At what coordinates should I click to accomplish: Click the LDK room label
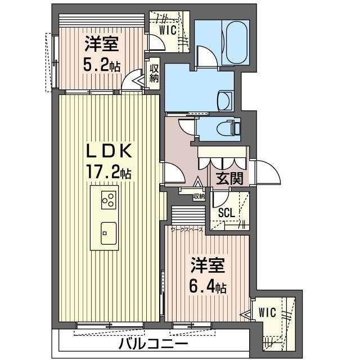109,151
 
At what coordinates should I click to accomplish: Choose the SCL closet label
227,213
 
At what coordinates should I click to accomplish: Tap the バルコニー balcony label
154,344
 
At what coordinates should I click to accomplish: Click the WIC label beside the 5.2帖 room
168,30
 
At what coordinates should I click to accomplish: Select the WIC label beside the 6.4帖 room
267,312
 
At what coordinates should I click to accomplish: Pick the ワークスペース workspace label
187,229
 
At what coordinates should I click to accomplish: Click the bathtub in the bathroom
237,43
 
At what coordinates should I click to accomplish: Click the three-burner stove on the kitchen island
109,200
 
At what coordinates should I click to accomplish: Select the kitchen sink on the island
109,233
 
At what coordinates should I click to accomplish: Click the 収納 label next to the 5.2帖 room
154,74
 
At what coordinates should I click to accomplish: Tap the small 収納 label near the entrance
199,196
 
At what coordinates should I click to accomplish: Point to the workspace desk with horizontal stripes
188,215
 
